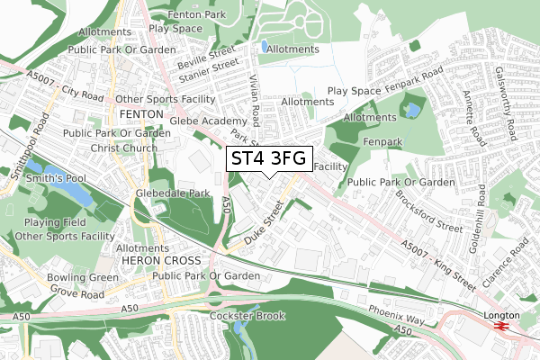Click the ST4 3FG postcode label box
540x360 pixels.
pos(269,159)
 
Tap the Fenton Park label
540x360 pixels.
pos(186,15)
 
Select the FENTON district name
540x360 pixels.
pos(140,115)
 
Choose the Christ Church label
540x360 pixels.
pos(115,148)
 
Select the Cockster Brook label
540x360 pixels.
pos(247,316)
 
